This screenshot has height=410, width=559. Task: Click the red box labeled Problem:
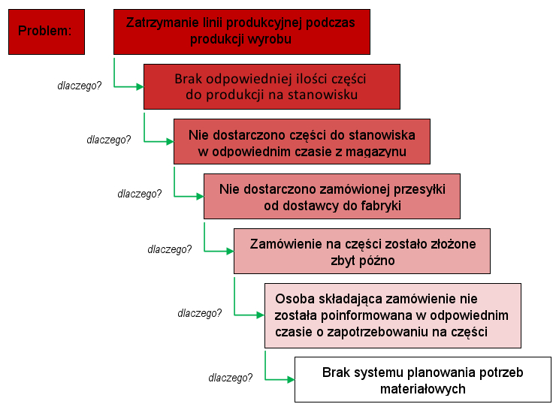pyautogui.click(x=47, y=32)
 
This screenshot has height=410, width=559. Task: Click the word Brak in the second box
pyautogui.click(x=188, y=79)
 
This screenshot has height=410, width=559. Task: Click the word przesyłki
pyautogui.click(x=419, y=189)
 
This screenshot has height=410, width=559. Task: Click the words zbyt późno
pyautogui.click(x=363, y=261)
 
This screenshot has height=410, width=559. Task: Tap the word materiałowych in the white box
pyautogui.click(x=423, y=389)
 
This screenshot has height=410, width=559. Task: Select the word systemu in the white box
pyautogui.click(x=379, y=372)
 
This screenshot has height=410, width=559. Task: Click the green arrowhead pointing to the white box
pyautogui.click(x=291, y=380)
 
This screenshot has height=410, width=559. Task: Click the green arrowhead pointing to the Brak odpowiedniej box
pyautogui.click(x=140, y=86)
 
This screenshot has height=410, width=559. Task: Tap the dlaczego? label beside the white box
pyautogui.click(x=231, y=378)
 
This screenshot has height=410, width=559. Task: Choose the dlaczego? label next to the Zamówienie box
pyautogui.click(x=169, y=249)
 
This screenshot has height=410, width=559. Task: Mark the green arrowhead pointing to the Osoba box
pyautogui.click(x=260, y=315)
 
